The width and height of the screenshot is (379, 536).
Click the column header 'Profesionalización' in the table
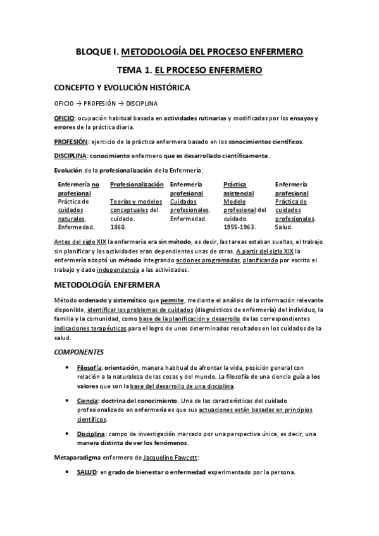coord(137,185)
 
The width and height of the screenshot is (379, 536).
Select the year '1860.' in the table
coord(118,226)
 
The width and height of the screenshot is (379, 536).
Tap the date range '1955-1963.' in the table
coord(240,226)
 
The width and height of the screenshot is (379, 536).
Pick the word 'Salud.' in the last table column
coord(284,226)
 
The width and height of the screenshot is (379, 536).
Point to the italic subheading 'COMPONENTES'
coord(80,351)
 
